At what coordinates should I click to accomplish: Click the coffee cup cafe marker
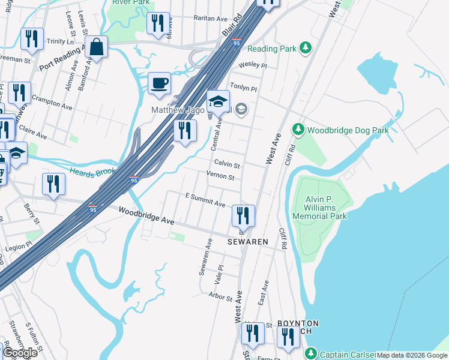point(160,83)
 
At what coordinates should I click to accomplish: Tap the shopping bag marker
point(96,46)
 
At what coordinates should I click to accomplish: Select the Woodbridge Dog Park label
point(348,130)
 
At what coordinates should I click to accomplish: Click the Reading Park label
point(277,47)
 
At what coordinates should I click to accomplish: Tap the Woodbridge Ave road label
point(146,216)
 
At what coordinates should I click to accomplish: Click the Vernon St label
point(220,176)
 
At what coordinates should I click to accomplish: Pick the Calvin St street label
point(227,165)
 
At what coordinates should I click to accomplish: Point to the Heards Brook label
point(91,172)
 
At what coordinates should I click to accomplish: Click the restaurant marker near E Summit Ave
point(243,215)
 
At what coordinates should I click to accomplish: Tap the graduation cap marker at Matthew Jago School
point(218,101)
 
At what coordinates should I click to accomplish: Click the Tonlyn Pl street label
point(243,88)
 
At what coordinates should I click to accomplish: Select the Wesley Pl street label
point(252,65)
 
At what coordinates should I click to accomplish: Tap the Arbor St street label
point(220,296)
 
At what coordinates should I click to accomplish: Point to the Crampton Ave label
point(52,101)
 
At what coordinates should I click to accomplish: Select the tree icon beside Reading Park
point(306,47)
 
